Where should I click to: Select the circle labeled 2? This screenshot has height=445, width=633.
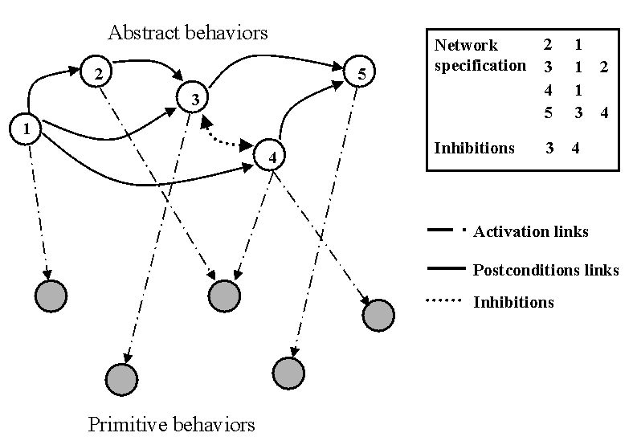[96, 73]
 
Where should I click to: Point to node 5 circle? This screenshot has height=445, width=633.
[360, 73]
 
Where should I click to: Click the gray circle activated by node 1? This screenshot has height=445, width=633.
[51, 295]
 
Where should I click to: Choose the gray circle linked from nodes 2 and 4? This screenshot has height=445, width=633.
[224, 295]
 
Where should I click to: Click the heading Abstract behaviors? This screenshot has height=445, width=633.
[187, 33]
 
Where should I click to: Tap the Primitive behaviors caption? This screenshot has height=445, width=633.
[171, 424]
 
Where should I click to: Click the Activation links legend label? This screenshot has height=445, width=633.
[531, 232]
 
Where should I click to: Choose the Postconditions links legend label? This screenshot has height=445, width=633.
[546, 270]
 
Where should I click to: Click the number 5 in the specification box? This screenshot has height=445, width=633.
[548, 113]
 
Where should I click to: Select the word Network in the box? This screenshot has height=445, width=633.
[466, 45]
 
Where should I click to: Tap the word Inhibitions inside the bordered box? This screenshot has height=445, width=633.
[475, 148]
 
